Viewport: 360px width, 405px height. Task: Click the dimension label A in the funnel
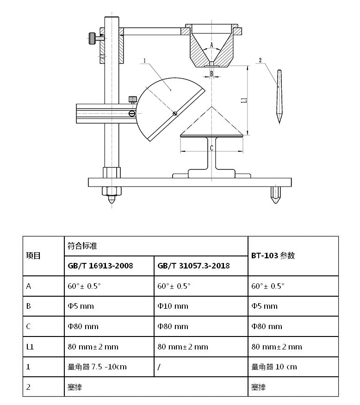pyautogui.click(x=211, y=45)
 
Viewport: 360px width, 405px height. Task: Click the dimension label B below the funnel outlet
pyautogui.click(x=211, y=74)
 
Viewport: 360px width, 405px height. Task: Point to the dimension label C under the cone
pyautogui.click(x=211, y=148)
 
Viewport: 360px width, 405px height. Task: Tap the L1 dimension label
pyautogui.click(x=244, y=99)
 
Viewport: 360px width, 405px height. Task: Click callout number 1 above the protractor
pyautogui.click(x=145, y=61)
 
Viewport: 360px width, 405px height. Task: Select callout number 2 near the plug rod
pyautogui.click(x=261, y=60)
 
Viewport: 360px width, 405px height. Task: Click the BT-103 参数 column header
pyautogui.click(x=273, y=256)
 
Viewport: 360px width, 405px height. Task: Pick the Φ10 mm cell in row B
pyautogui.click(x=173, y=306)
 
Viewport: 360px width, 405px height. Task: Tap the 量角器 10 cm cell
pyautogui.click(x=274, y=367)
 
